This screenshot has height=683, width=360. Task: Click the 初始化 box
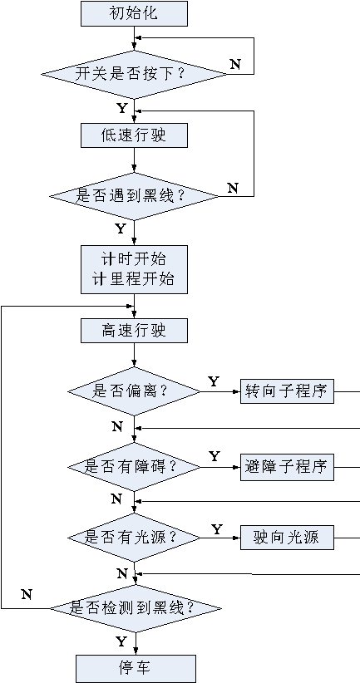(x=134, y=13)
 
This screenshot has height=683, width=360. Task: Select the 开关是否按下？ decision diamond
(x=134, y=74)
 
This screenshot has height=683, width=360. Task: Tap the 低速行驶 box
(x=134, y=135)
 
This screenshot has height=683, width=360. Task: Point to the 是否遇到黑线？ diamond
(x=134, y=196)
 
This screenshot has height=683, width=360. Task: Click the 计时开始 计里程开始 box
(x=134, y=269)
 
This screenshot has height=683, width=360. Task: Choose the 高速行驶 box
(x=134, y=330)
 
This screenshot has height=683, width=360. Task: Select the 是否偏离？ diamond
(x=134, y=391)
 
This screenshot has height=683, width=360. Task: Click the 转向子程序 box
(x=287, y=391)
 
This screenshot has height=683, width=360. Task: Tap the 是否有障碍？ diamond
(x=134, y=467)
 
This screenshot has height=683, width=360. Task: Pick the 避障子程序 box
(x=287, y=468)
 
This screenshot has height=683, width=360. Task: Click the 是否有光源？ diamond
(x=134, y=538)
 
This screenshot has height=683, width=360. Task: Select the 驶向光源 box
(x=287, y=538)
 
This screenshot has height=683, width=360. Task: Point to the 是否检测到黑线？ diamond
(x=136, y=608)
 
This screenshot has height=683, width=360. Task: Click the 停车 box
(x=136, y=668)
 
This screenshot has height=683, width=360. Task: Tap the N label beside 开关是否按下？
(x=235, y=65)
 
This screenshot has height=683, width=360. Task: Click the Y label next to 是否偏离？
(x=213, y=382)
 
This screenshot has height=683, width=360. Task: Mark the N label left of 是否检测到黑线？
(x=27, y=594)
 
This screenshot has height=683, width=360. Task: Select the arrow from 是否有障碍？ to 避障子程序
(x=221, y=467)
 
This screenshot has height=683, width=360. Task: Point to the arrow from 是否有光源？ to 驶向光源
(x=221, y=538)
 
